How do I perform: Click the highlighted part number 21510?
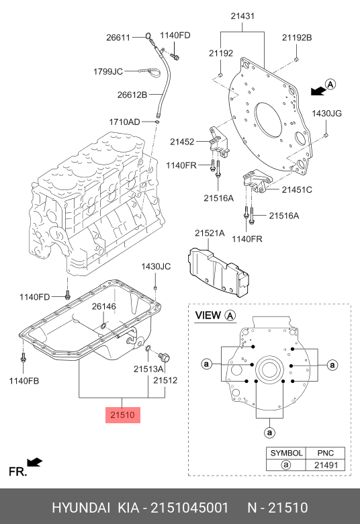(123, 415)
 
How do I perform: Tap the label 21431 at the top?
(242, 15)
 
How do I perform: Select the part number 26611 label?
(118, 37)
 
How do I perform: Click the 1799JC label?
(108, 71)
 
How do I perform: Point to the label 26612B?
(132, 95)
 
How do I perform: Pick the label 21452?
(182, 142)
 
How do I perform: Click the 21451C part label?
(297, 190)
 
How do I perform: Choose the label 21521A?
(210, 233)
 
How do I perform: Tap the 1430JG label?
(327, 114)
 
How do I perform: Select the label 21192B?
(297, 38)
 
